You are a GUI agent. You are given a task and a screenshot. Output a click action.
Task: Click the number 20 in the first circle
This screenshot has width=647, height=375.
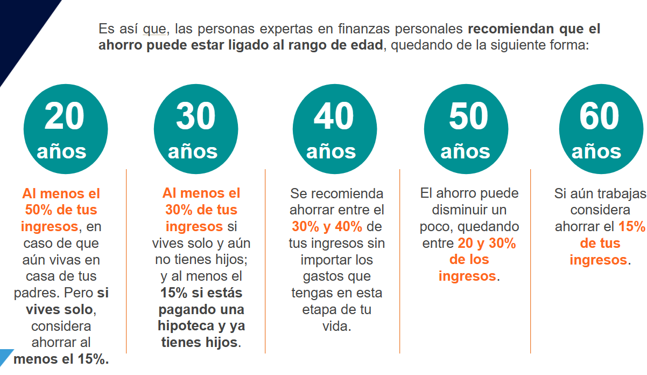(65, 116)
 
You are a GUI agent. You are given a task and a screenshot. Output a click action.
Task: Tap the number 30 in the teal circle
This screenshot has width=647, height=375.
(196, 116)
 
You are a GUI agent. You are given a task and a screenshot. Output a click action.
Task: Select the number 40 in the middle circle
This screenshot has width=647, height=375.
(334, 116)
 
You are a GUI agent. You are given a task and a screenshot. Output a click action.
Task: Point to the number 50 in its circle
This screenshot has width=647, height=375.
(468, 116)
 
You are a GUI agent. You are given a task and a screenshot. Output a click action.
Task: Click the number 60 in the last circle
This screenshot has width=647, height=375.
(599, 116)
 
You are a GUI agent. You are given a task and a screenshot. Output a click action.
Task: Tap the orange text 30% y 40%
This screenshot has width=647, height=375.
(327, 226)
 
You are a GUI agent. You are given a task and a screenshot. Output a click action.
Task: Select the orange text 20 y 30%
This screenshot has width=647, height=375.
(487, 243)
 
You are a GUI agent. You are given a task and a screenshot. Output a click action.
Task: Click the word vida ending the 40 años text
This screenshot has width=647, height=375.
(336, 327)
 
